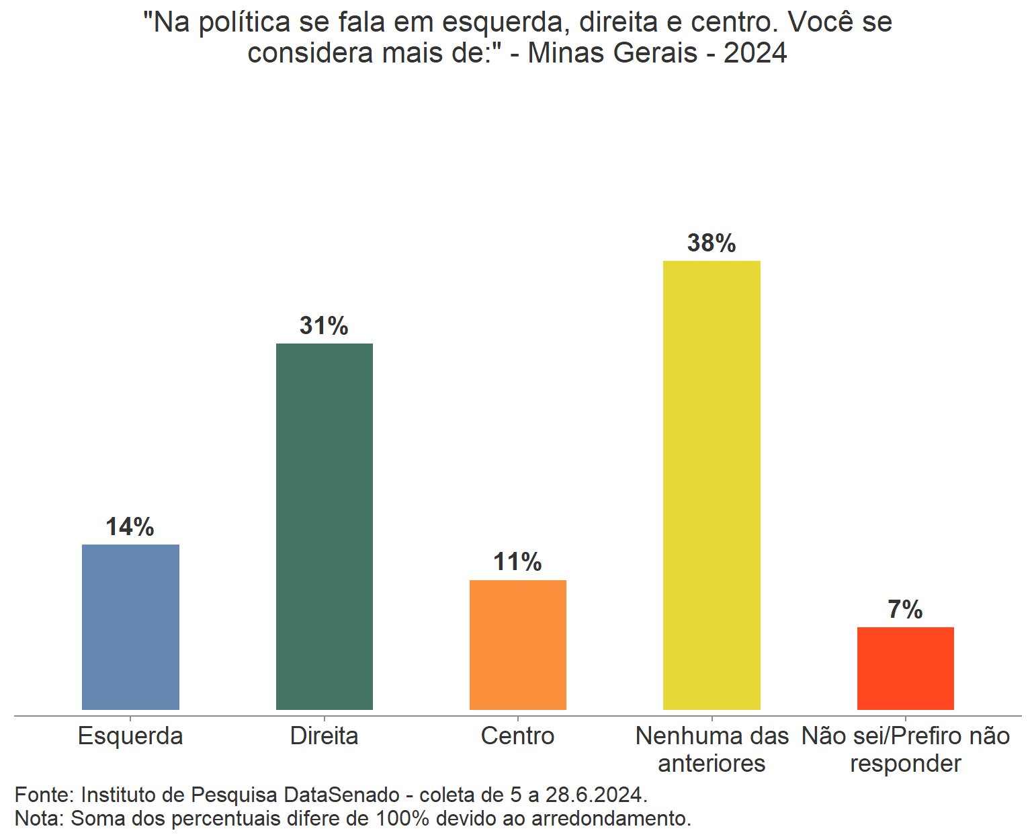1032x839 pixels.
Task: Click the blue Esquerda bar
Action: point(130,627)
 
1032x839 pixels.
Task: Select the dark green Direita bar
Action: point(325,526)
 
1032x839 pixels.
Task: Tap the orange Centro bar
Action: point(518,645)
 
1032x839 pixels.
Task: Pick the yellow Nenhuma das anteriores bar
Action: point(712,485)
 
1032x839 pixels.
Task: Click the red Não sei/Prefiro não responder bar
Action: point(905,668)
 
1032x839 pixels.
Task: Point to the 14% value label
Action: point(130,527)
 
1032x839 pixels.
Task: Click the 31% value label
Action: point(325,326)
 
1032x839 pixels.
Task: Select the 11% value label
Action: point(518,562)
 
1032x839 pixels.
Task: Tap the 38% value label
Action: point(712,243)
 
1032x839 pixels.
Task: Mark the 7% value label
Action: point(905,610)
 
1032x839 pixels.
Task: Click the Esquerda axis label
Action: point(130,736)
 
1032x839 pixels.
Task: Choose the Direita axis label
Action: point(325,736)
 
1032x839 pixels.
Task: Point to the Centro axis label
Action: point(518,736)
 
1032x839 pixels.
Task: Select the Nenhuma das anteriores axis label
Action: point(712,750)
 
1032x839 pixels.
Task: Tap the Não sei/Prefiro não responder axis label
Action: point(905,750)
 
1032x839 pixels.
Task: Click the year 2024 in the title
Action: point(755,53)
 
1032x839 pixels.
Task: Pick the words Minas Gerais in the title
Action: point(613,53)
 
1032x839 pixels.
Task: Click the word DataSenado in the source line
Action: point(342,795)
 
